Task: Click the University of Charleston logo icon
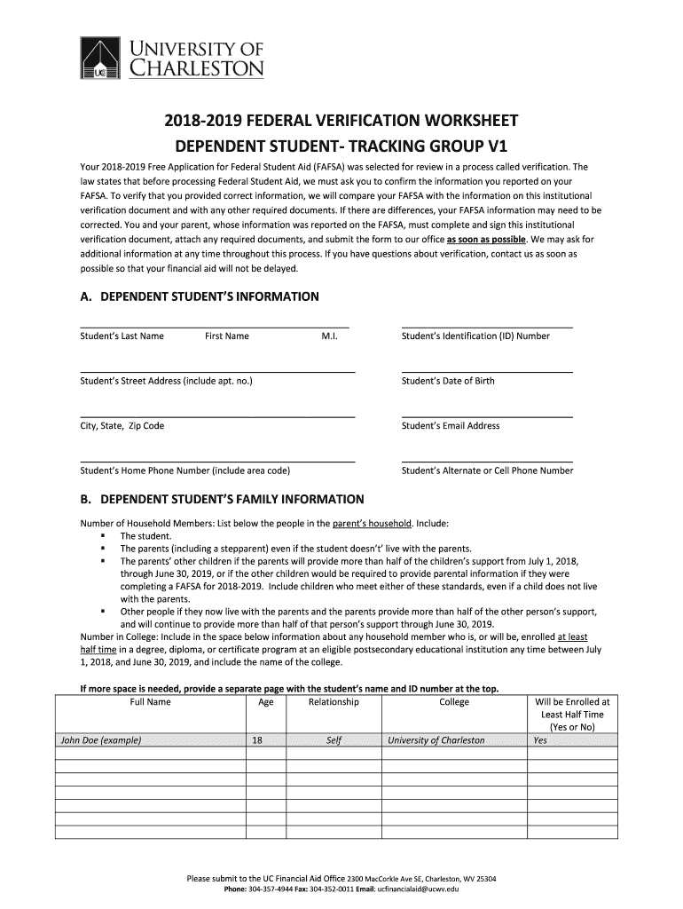[x=101, y=59]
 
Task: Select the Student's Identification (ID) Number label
[x=475, y=336]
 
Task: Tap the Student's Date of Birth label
[x=448, y=381]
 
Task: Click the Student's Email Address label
[x=451, y=426]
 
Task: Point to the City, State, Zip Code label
[x=122, y=426]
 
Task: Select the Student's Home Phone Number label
[x=185, y=470]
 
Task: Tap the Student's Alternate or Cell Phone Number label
[x=487, y=470]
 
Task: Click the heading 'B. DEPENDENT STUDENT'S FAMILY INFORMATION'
[x=222, y=499]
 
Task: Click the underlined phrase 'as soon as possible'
[x=487, y=240]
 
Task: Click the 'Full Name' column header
[x=150, y=702]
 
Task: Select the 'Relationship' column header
[x=334, y=702]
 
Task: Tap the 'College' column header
[x=454, y=702]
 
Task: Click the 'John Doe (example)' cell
[x=100, y=740]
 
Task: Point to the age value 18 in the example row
[x=257, y=740]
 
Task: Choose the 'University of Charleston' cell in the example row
[x=436, y=740]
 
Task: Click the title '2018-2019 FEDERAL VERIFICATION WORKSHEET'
[x=341, y=122]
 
